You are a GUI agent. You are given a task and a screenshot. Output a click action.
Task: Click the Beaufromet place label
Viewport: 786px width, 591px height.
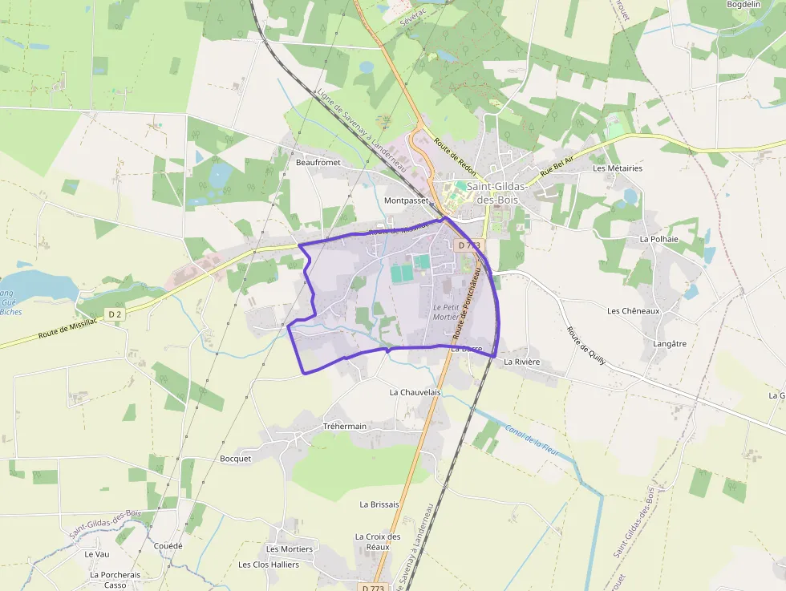point(318,162)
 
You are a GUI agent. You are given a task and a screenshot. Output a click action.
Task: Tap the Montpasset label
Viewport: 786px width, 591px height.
point(407,200)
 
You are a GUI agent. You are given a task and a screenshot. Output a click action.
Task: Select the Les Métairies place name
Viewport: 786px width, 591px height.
point(618,168)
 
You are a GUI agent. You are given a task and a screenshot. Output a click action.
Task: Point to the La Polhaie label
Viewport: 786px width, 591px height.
point(659,239)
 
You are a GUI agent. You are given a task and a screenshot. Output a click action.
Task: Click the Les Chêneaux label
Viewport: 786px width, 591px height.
point(633,310)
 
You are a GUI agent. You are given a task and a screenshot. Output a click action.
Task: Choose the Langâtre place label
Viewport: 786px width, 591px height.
point(671,343)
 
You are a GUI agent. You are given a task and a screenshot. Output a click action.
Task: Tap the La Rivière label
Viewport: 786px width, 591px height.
point(522,362)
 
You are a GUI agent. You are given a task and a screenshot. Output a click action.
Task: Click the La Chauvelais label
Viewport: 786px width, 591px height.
point(415,392)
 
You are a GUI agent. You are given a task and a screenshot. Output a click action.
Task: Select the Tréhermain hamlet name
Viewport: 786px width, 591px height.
point(344,426)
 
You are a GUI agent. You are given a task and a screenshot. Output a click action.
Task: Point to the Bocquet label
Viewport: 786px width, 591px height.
point(236,459)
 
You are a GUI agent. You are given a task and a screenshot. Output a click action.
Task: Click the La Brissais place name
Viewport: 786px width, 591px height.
point(379,504)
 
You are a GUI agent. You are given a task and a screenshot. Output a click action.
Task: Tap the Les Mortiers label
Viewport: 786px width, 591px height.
point(290,548)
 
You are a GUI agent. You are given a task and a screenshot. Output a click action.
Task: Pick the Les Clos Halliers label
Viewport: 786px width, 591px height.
point(269,565)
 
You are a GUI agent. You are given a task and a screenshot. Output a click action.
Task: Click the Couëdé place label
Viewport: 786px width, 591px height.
point(168,546)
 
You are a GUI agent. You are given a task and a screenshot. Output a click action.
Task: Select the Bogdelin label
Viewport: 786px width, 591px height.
point(743,4)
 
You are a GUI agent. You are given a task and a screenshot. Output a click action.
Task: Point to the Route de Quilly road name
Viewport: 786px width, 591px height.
point(586,346)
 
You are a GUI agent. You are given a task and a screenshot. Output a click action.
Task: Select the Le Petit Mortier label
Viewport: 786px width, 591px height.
point(445,312)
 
